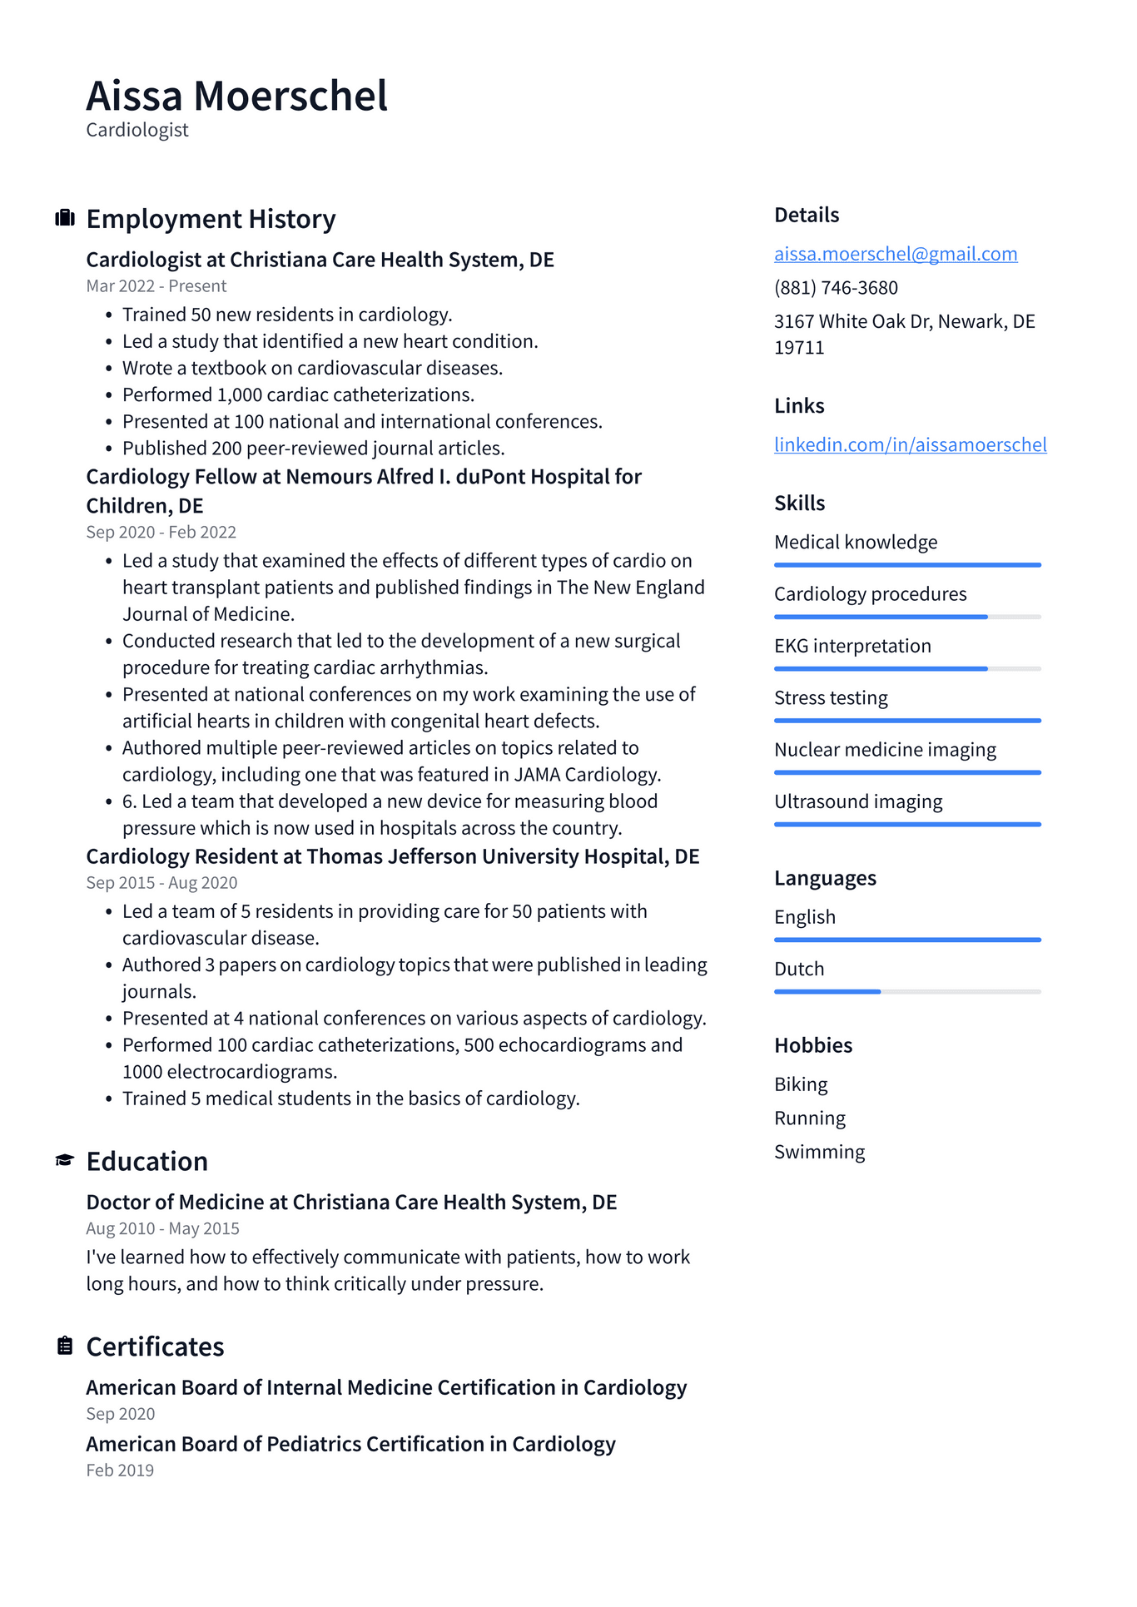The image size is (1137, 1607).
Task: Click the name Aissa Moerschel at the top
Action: click(x=236, y=96)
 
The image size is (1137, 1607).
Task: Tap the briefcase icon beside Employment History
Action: click(x=65, y=218)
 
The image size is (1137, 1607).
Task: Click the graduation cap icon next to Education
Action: click(x=65, y=1160)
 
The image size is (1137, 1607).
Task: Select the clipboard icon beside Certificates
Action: click(x=65, y=1346)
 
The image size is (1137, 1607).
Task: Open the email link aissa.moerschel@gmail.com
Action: click(x=895, y=254)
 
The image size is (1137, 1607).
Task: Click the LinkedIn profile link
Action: click(x=910, y=444)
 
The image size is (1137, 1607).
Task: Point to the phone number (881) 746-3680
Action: click(x=836, y=288)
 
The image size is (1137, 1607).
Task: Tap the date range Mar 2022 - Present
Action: click(x=156, y=286)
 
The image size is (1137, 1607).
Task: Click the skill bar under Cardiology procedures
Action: click(x=906, y=617)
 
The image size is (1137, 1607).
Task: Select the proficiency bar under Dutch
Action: click(x=906, y=991)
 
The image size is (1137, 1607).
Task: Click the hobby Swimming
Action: click(x=819, y=1152)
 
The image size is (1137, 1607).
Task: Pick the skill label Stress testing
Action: click(x=831, y=698)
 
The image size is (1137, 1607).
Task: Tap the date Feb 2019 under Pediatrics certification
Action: click(x=120, y=1471)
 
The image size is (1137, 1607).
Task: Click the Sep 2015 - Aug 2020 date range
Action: click(x=161, y=883)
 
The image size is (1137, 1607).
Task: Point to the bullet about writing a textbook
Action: click(x=312, y=368)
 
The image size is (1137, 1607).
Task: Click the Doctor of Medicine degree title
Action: click(x=351, y=1203)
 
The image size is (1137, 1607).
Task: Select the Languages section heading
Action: click(x=825, y=878)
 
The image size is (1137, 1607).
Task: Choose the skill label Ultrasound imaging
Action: click(x=858, y=801)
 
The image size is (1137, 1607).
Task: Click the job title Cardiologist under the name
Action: click(x=137, y=131)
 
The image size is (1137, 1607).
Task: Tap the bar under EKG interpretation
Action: click(x=906, y=668)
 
